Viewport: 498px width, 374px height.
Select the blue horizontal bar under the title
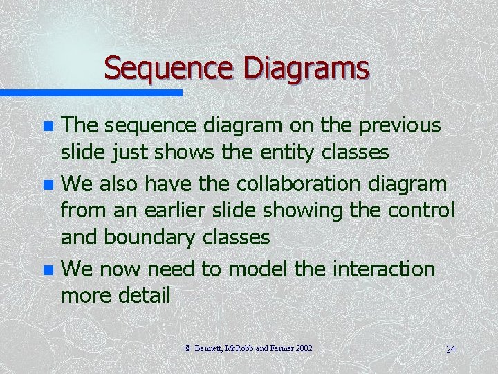[x=91, y=92]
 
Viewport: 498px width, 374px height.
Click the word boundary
[x=151, y=238]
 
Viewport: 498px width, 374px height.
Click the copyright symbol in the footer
[x=189, y=348]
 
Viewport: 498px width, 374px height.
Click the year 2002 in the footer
[x=304, y=348]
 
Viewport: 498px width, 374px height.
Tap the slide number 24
[x=450, y=349]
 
